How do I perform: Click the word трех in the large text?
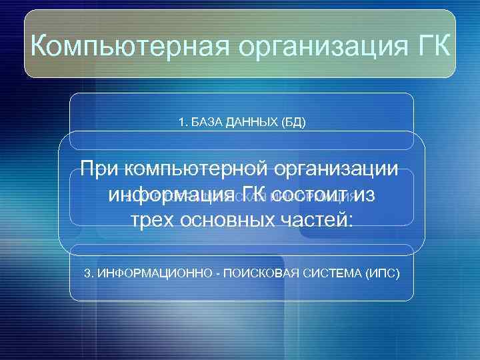click(156, 222)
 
